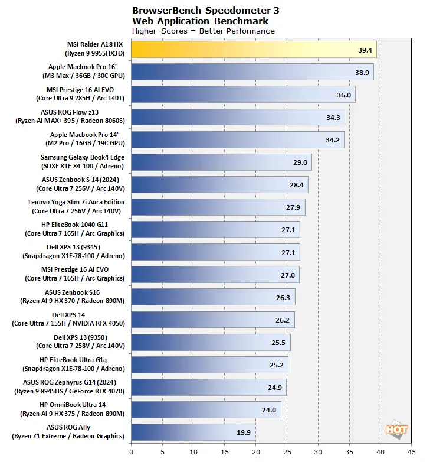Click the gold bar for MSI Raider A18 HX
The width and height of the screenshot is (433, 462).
pyautogui.click(x=254, y=50)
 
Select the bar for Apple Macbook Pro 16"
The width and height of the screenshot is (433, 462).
pyautogui.click(x=252, y=72)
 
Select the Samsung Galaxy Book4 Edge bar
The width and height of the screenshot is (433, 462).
pyautogui.click(x=221, y=162)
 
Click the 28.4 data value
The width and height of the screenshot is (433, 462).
pyautogui.click(x=297, y=185)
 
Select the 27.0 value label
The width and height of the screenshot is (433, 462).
pyautogui.click(x=288, y=275)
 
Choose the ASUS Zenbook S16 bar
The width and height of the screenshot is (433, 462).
pyautogui.click(x=213, y=297)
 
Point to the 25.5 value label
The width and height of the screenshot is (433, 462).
pyautogui.click(x=278, y=342)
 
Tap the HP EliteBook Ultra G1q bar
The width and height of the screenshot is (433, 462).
pyautogui.click(x=209, y=365)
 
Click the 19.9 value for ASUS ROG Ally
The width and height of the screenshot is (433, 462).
pyautogui.click(x=244, y=432)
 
